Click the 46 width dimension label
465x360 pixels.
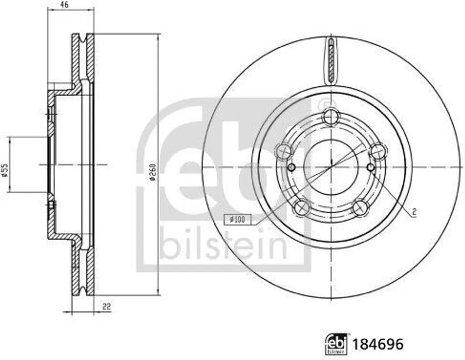pos(64,5)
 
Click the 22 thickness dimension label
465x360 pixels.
pos(106,306)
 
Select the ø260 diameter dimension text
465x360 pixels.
pos(153,173)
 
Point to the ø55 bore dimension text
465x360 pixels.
pos(5,171)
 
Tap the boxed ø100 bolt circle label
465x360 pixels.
pos(237,219)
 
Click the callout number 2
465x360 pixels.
pos(414,212)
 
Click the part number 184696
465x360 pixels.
pos(378,345)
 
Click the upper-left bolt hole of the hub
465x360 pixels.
pos(284,152)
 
